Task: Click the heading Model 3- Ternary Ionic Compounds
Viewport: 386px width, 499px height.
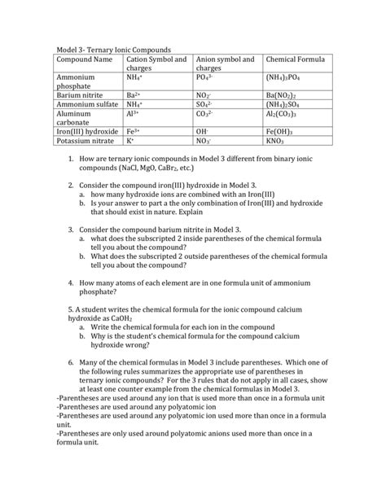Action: pos(119,50)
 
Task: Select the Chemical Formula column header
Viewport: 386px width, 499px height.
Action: pos(290,59)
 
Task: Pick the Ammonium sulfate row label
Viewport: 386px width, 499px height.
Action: pos(90,105)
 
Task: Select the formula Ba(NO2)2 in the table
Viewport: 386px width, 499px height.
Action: pos(285,94)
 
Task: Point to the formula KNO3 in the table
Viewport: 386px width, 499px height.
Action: pos(277,140)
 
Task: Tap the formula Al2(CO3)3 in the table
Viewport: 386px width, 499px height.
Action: pos(285,116)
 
